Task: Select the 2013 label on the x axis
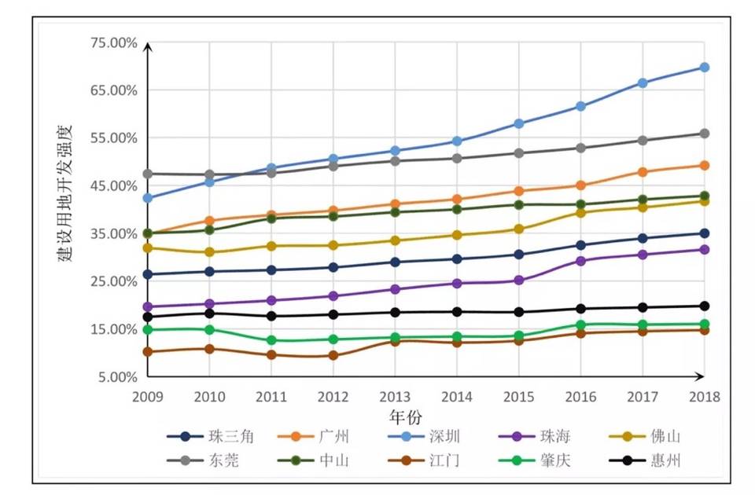[395, 397]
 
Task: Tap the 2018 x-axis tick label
[704, 397]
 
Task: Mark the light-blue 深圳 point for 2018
[705, 68]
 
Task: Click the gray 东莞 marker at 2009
[147, 174]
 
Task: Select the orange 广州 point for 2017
[643, 172]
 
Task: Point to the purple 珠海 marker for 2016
[581, 261]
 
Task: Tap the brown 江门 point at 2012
[333, 355]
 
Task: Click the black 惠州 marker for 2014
[457, 312]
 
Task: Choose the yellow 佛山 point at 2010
[209, 252]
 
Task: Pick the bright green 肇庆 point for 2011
[271, 340]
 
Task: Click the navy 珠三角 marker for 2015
[519, 255]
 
